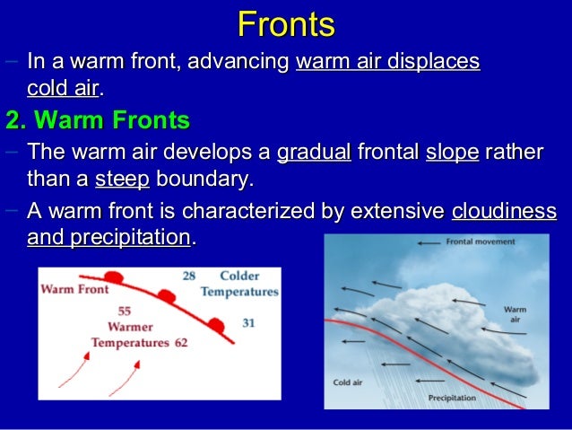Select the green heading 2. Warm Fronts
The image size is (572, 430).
pos(98,119)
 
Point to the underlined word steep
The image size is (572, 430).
pos(122,178)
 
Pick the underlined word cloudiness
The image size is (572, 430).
pos(504,213)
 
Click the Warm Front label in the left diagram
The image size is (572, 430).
pos(74,290)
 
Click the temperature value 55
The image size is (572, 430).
pos(125,311)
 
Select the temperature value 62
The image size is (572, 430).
pos(183,342)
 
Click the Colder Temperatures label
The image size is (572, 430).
pos(238,284)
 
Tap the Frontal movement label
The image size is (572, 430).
pos(481,242)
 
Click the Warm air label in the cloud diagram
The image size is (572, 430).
pos(515,314)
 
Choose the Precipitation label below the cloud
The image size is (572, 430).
pos(452,397)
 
